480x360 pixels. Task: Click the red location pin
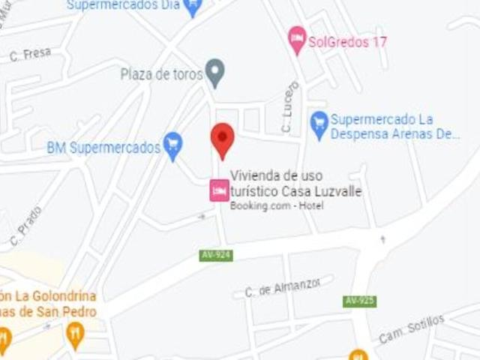pos(222,139)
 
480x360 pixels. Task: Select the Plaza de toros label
pos(161,74)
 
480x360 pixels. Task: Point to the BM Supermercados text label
pos(103,147)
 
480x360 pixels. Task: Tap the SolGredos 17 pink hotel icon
pos(298,39)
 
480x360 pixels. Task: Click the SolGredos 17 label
pos(347,42)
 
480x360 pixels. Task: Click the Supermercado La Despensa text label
pos(394,127)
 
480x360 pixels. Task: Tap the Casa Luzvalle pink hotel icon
pos(219,190)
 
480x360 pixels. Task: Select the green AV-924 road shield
pos(216,255)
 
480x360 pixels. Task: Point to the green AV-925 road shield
pos(360,301)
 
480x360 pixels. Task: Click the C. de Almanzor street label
pos(283,287)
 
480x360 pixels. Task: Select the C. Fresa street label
pos(30,54)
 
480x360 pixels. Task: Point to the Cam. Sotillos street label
pos(411,329)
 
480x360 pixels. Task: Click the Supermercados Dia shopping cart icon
pos(193,7)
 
